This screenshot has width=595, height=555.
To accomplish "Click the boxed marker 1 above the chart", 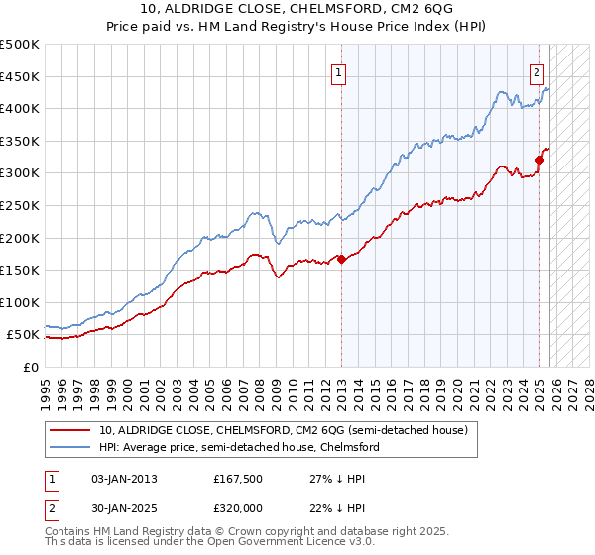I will [x=339, y=71].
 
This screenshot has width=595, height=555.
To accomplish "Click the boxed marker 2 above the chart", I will [x=536, y=71].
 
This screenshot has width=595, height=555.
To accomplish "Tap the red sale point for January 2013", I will [x=341, y=259].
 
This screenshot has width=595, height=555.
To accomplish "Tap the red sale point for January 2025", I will [x=540, y=160].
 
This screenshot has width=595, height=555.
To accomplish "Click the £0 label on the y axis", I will [x=30, y=367].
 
